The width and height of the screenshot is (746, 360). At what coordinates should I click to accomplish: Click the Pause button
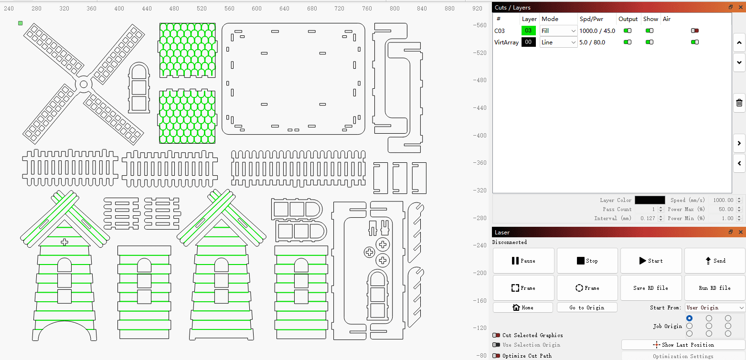click(x=523, y=261)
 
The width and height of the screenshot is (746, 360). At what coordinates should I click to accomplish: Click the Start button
click(x=651, y=261)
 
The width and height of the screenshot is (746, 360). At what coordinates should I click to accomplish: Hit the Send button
click(x=714, y=261)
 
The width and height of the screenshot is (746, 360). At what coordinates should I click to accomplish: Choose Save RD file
click(x=651, y=288)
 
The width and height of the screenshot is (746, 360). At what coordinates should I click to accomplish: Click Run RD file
click(x=714, y=288)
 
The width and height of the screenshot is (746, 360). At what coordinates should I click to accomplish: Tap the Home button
click(x=523, y=307)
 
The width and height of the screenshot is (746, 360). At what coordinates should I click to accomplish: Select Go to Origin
click(x=587, y=307)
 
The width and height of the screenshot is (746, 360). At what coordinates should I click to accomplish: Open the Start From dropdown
click(x=714, y=307)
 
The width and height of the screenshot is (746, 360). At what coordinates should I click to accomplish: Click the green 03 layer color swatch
click(x=529, y=31)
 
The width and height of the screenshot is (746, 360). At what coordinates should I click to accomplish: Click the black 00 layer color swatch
click(x=529, y=42)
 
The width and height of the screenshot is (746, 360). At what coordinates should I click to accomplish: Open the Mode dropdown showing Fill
click(x=558, y=31)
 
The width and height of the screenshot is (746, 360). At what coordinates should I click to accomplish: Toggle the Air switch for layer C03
click(x=695, y=31)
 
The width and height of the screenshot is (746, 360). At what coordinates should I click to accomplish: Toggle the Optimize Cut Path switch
click(x=496, y=356)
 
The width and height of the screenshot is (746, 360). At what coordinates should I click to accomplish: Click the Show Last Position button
click(x=683, y=345)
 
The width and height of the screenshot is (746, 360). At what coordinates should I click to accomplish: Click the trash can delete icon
click(x=739, y=103)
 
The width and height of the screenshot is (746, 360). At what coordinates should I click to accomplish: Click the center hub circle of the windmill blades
click(x=84, y=84)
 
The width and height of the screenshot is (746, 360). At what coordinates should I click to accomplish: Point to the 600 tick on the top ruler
click(x=256, y=8)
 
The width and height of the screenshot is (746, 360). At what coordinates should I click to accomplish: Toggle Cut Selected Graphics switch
click(x=496, y=335)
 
